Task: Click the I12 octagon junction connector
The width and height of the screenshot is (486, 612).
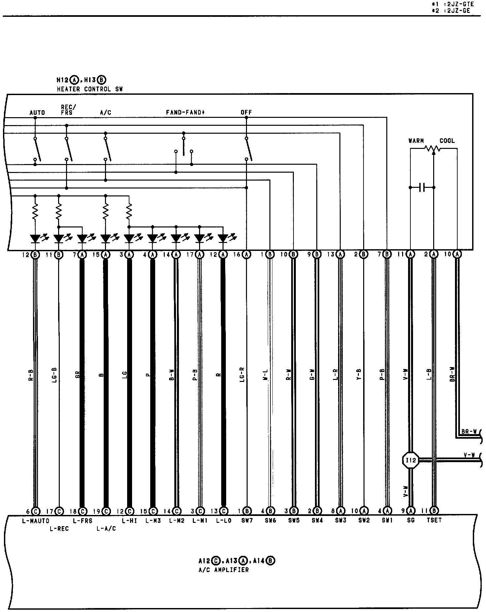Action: click(x=410, y=460)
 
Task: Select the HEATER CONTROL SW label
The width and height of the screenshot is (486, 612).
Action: click(x=90, y=89)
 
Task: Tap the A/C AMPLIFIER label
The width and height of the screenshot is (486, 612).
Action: click(x=224, y=570)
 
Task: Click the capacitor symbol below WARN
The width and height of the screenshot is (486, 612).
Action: click(x=422, y=187)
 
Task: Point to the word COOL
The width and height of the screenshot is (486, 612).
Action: click(x=447, y=141)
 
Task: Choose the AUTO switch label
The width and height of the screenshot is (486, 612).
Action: click(x=37, y=113)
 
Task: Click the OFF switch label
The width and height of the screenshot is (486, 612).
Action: click(x=246, y=112)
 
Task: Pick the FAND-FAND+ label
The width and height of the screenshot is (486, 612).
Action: click(x=185, y=112)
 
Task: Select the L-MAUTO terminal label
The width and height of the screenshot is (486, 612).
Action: click(x=36, y=521)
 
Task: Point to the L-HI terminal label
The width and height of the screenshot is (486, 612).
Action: click(x=129, y=521)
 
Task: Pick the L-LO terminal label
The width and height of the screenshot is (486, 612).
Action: click(x=224, y=521)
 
